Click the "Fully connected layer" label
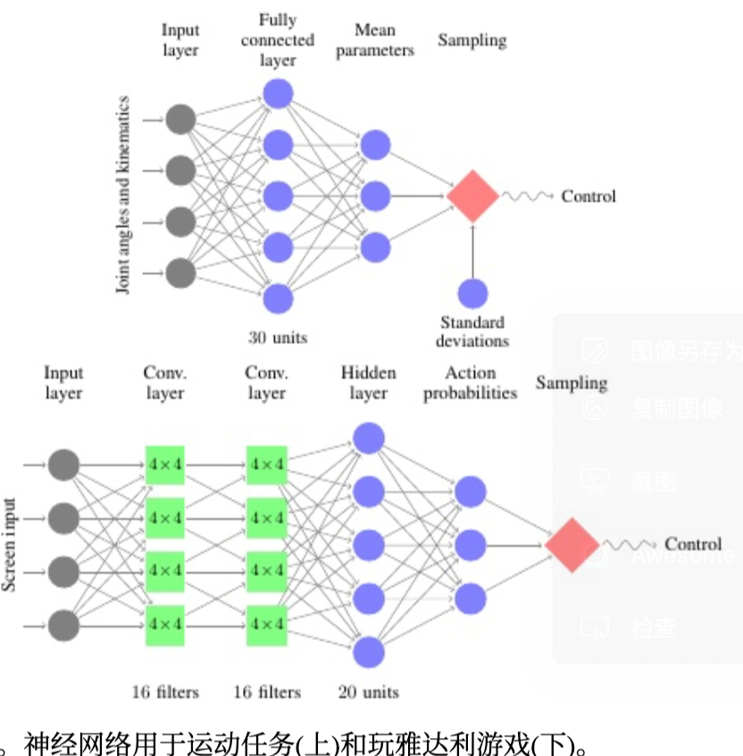pyautogui.click(x=278, y=40)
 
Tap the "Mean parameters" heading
pyautogui.click(x=375, y=40)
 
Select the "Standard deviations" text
pyautogui.click(x=472, y=331)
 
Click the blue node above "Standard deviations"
pyautogui.click(x=472, y=294)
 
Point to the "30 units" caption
pyautogui.click(x=278, y=338)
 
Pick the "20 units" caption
pyautogui.click(x=369, y=691)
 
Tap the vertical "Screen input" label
pyautogui.click(x=10, y=545)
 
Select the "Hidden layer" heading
pyautogui.click(x=368, y=382)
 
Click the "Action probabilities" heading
pyautogui.click(x=470, y=382)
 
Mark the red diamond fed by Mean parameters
pyautogui.click(x=472, y=195)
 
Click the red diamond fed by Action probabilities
pyautogui.click(x=572, y=544)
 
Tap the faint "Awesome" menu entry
pyautogui.click(x=683, y=555)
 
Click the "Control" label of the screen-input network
pyautogui.click(x=693, y=544)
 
